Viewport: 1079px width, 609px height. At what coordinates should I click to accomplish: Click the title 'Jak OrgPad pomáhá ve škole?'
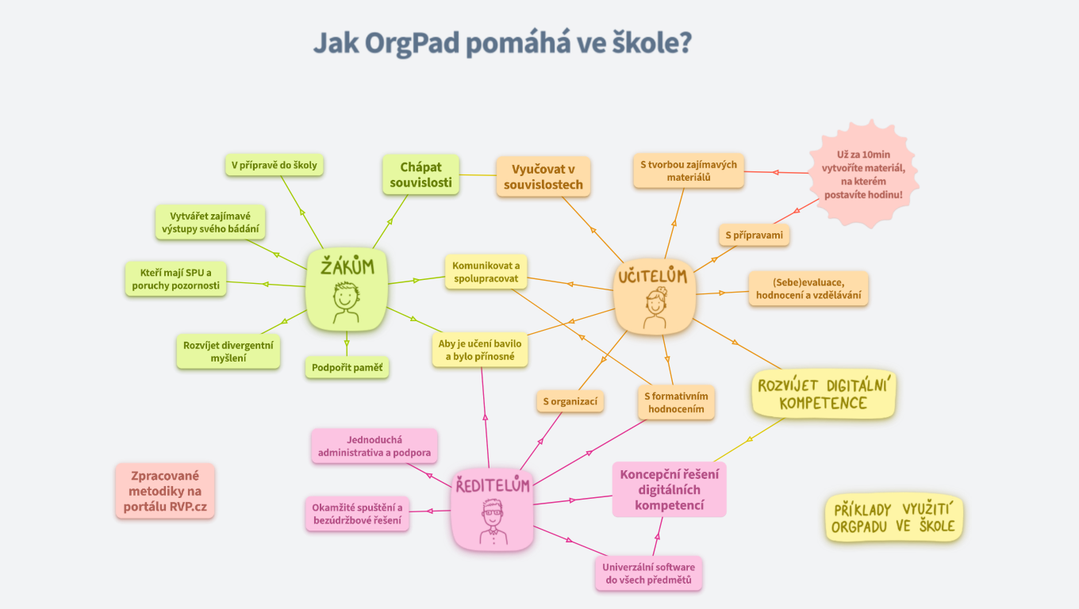click(x=502, y=44)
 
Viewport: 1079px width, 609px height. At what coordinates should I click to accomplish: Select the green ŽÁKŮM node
click(x=347, y=286)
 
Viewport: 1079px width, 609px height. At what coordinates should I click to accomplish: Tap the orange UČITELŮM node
click(x=655, y=298)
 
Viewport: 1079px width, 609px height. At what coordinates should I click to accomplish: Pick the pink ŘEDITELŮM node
click(x=492, y=508)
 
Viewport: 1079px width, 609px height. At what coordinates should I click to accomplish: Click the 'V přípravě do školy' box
click(x=274, y=165)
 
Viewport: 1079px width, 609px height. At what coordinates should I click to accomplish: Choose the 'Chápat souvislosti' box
click(x=420, y=174)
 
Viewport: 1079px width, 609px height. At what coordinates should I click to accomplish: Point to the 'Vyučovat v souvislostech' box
click(x=543, y=177)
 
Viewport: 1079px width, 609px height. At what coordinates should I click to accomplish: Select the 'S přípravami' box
click(x=754, y=236)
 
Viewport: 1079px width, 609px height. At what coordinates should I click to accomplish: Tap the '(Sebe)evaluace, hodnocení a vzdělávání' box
click(x=808, y=289)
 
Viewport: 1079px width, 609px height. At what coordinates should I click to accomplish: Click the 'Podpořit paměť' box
click(x=347, y=367)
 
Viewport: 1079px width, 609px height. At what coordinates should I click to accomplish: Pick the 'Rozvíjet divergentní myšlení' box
click(x=228, y=351)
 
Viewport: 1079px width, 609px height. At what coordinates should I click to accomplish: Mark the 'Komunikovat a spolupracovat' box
click(x=486, y=272)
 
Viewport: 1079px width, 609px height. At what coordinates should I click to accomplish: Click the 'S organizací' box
click(x=570, y=401)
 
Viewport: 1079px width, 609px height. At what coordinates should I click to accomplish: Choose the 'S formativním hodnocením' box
click(x=675, y=403)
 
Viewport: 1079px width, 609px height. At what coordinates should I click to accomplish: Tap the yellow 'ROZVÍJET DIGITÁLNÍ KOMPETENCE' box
click(x=823, y=394)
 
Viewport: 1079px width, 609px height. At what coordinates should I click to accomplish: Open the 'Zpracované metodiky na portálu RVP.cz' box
click(x=164, y=491)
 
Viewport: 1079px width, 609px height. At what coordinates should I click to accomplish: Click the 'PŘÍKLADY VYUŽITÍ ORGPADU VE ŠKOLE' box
click(x=893, y=519)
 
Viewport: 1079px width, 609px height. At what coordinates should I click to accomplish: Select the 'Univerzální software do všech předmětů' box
click(x=648, y=573)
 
